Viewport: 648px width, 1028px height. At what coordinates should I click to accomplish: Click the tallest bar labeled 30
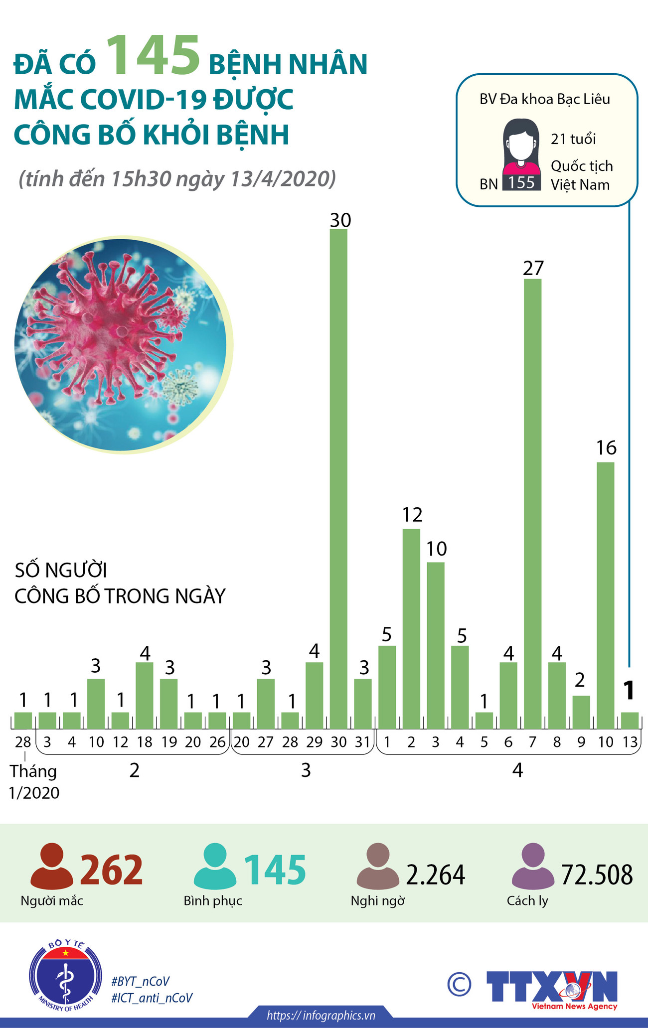click(339, 478)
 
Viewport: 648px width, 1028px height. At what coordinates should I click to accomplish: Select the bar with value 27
click(533, 503)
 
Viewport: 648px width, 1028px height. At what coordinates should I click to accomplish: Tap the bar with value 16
click(606, 595)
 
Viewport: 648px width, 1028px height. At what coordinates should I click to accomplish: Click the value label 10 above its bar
click(437, 549)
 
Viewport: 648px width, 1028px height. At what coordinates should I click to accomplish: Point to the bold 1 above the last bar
click(629, 690)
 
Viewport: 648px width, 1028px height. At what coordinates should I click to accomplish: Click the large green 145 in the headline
click(154, 56)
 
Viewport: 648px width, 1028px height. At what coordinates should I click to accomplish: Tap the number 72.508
click(597, 875)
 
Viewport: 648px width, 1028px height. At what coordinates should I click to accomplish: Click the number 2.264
click(436, 875)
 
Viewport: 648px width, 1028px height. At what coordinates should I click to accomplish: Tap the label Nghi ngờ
click(378, 901)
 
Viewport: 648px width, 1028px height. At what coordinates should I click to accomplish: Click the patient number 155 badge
click(521, 183)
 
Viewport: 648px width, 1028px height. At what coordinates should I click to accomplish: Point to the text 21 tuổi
click(573, 139)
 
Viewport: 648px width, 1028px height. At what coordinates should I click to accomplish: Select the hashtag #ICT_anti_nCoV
click(152, 998)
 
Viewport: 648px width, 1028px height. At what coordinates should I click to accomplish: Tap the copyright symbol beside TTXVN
click(459, 984)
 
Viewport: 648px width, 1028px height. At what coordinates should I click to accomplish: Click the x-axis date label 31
click(363, 742)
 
